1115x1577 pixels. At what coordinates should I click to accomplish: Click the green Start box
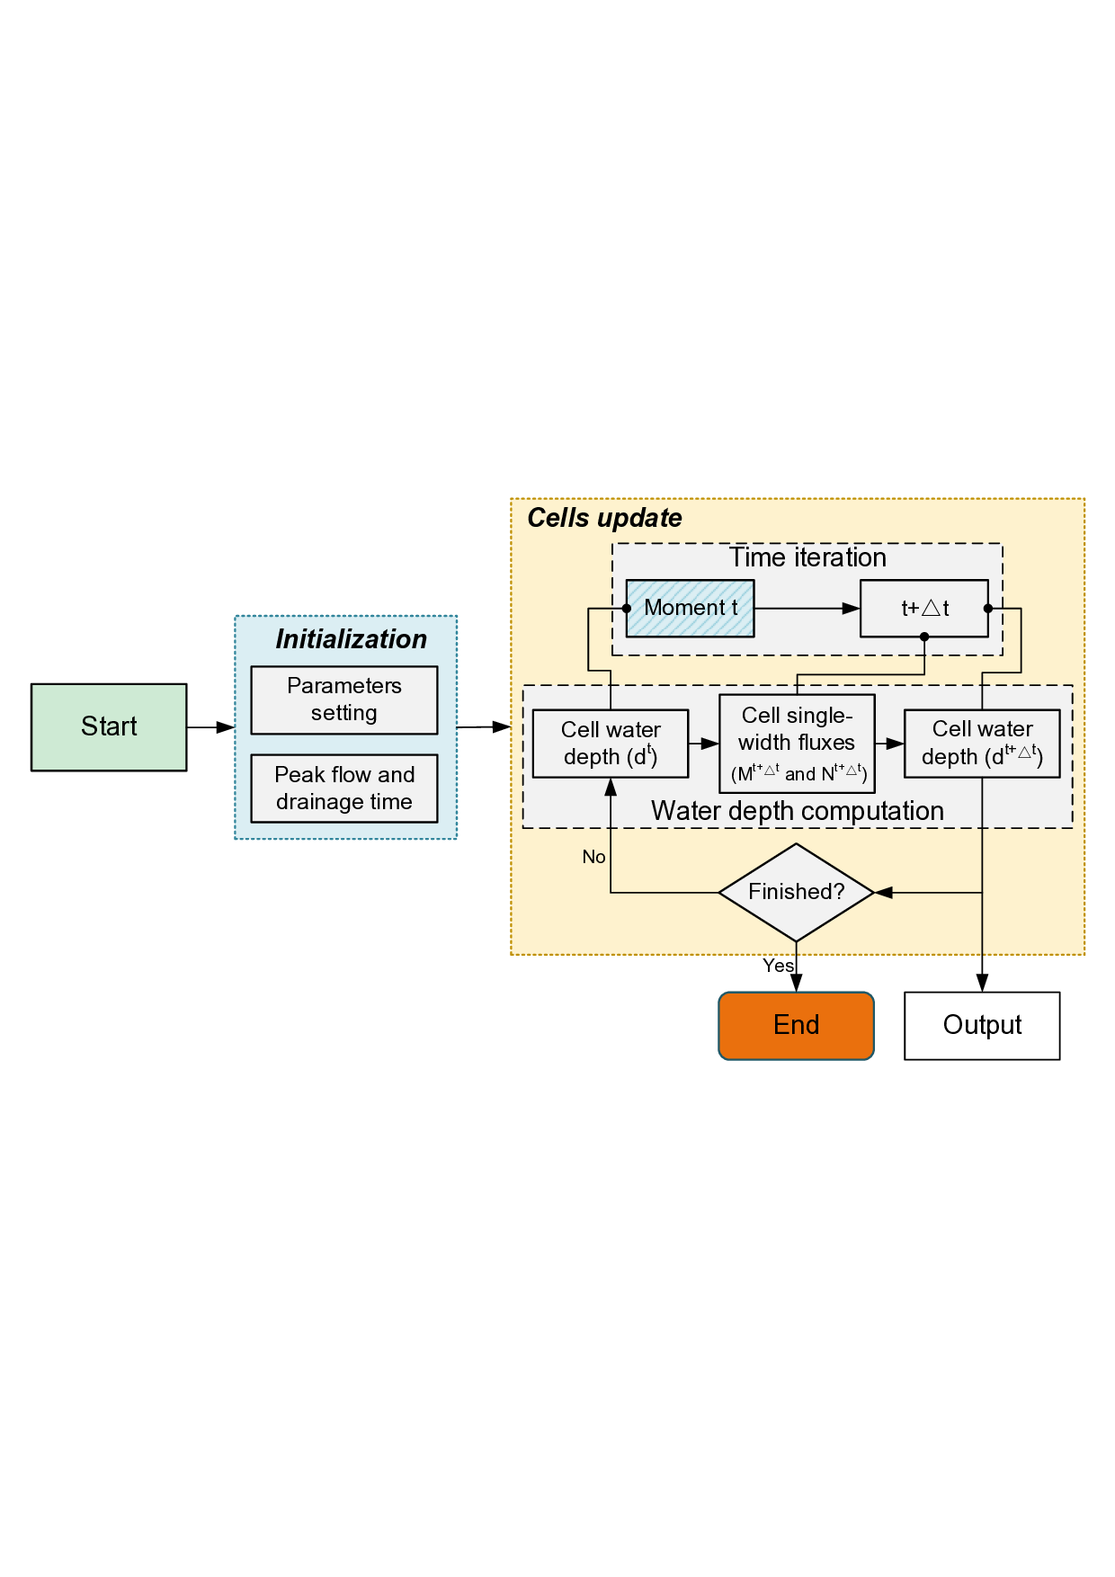tap(109, 726)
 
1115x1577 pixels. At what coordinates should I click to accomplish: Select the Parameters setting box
tap(344, 699)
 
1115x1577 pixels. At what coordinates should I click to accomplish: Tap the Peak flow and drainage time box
tap(344, 788)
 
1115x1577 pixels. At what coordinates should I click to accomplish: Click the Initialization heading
tap(351, 639)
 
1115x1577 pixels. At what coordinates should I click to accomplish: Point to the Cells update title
tap(604, 518)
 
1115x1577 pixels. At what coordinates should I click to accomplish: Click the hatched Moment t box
tap(690, 609)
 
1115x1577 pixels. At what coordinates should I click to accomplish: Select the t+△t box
tap(923, 609)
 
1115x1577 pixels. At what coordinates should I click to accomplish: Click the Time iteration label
tap(807, 557)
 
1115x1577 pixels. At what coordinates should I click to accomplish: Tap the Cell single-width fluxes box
tap(797, 743)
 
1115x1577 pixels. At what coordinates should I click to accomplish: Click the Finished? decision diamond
tap(796, 892)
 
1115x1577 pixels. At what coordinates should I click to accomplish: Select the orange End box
tap(796, 1025)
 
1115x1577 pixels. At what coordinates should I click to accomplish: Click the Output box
tap(982, 1025)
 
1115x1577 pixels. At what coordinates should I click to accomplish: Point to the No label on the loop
tap(593, 857)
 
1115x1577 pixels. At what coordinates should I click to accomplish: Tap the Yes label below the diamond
tap(778, 966)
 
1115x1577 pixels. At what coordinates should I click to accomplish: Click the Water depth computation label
tap(797, 811)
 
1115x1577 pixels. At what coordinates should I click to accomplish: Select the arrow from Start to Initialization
tap(211, 726)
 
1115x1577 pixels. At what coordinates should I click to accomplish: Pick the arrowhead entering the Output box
tap(982, 983)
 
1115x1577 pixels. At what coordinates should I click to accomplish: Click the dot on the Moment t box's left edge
tap(627, 609)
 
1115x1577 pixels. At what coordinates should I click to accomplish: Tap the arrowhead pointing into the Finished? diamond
tap(884, 893)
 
